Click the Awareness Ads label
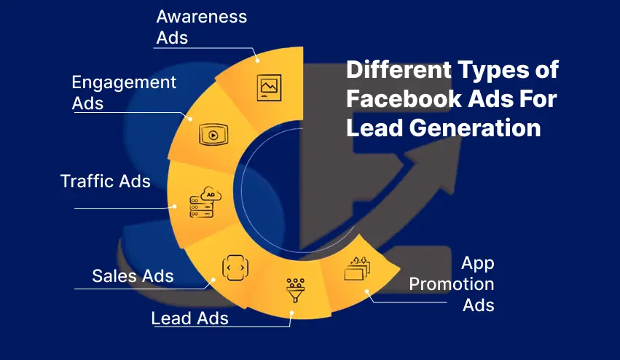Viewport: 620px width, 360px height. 200,26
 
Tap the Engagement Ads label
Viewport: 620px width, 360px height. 124,93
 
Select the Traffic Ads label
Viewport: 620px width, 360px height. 106,181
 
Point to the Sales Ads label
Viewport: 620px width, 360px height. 133,275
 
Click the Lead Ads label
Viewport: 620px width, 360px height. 189,318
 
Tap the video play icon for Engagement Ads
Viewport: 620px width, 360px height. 213,134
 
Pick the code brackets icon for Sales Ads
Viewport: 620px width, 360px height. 232,267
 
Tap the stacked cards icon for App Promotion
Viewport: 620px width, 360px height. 357,270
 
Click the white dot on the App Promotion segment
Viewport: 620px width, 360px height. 367,294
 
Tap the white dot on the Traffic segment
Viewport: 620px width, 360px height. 175,207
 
